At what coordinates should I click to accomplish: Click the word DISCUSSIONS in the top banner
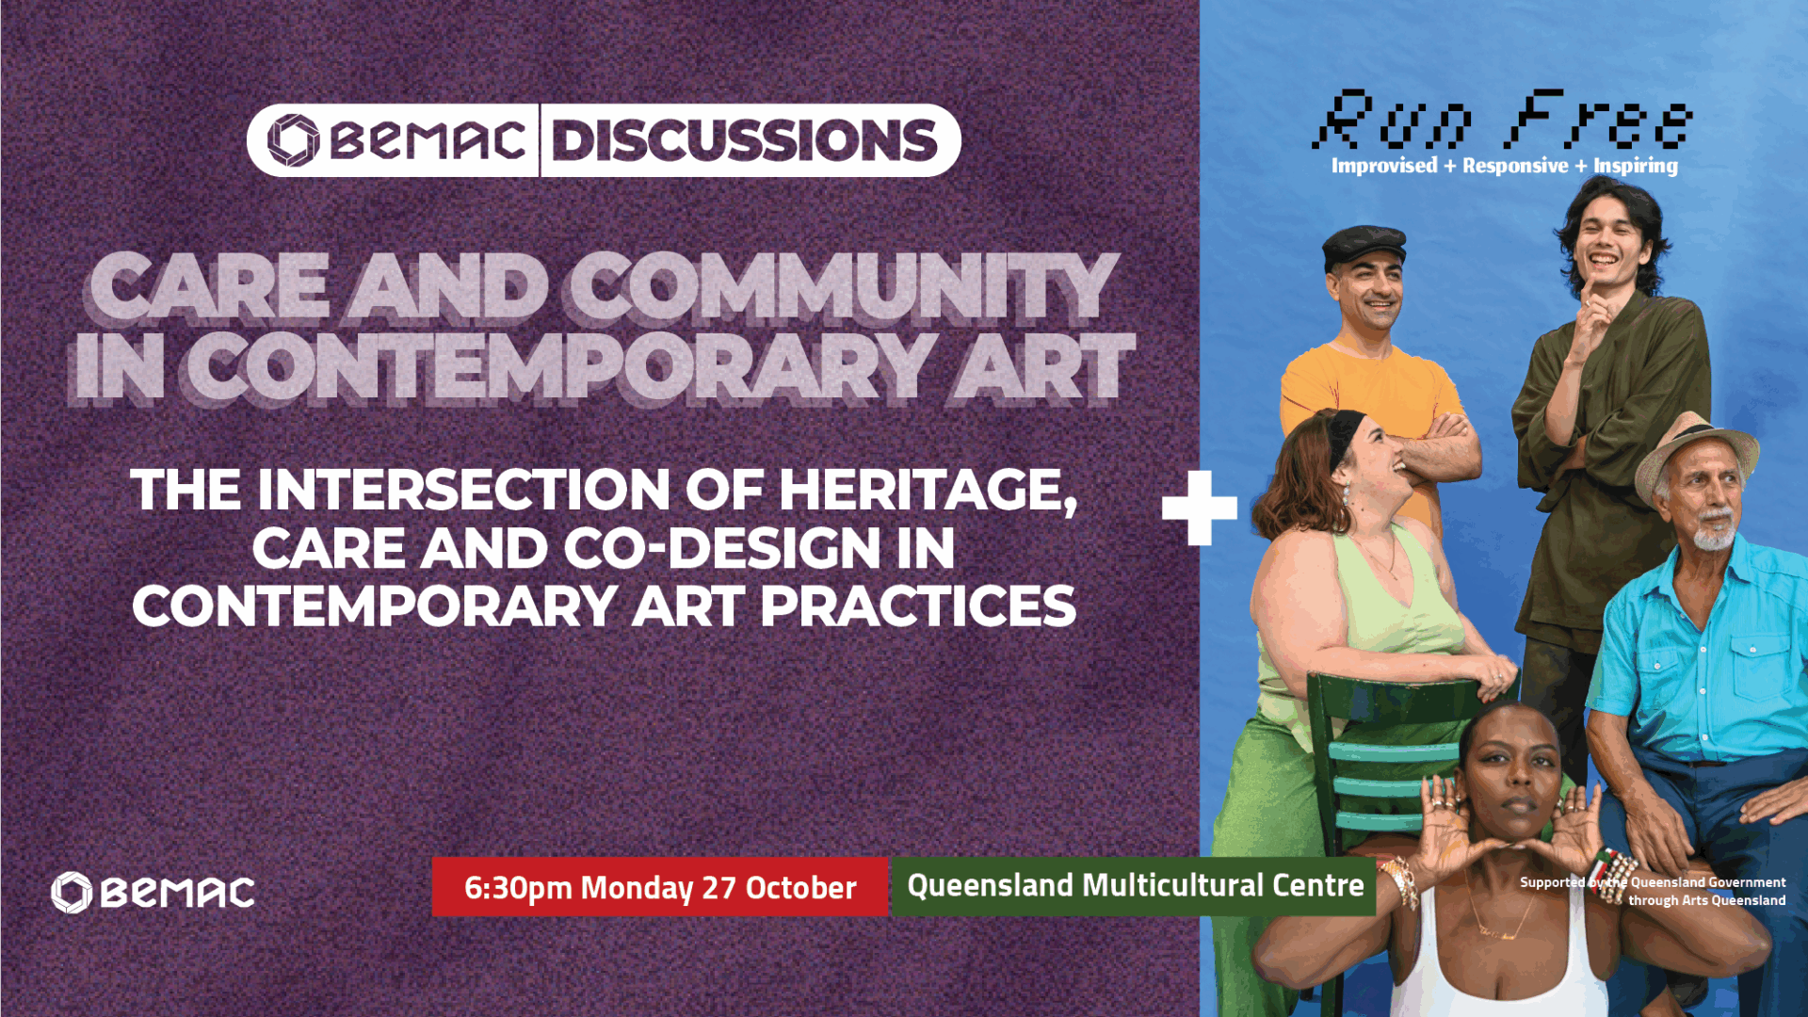(744, 140)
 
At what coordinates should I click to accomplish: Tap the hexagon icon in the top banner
(293, 140)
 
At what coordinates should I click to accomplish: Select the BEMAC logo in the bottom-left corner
(153, 893)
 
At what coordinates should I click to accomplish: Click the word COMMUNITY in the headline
(843, 286)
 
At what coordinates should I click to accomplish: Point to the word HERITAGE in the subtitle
(928, 491)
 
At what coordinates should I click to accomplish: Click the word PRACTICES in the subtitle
(918, 606)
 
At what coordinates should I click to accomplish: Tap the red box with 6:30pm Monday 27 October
(660, 886)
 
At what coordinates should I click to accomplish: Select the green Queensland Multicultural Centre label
(1134, 886)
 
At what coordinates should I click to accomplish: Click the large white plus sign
(1199, 508)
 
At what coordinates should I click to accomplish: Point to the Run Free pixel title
(1502, 120)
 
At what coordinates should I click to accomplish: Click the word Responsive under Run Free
(1515, 167)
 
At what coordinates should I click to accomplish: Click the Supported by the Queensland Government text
(1653, 891)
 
